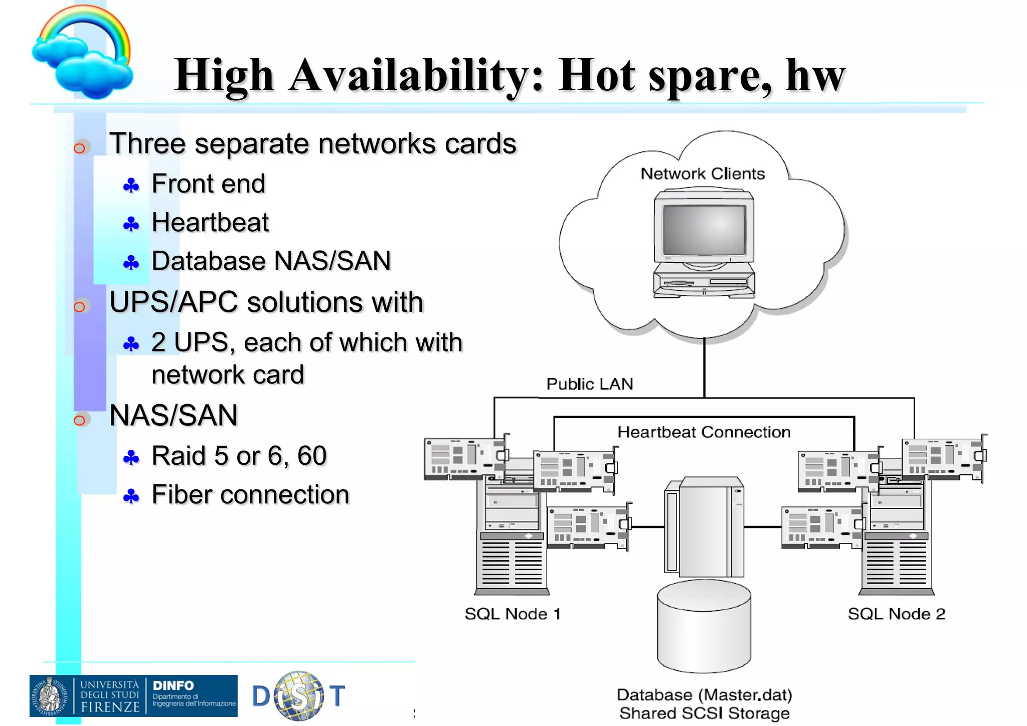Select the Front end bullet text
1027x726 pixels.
208,184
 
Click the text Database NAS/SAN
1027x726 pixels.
271,261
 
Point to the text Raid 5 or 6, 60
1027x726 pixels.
239,456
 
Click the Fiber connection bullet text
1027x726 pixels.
250,495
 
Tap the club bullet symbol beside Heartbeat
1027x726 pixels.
131,224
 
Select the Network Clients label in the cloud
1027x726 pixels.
703,173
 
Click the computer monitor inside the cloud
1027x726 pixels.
704,231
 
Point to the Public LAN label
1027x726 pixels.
590,384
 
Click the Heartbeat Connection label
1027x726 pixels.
704,432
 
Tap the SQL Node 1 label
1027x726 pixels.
512,614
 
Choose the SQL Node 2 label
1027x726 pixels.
896,614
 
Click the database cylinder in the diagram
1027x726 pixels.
704,627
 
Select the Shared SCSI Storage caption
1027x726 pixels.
704,713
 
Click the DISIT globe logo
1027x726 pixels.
299,696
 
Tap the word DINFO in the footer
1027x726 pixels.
173,685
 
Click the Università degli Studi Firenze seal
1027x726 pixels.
50,696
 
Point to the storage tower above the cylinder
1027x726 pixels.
704,526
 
